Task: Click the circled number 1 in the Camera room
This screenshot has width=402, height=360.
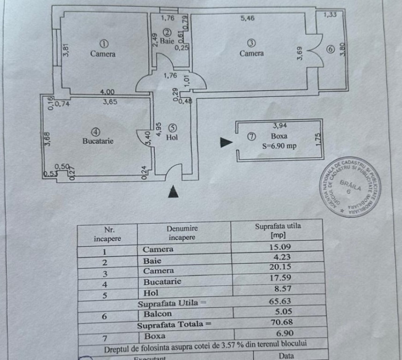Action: click(x=104, y=44)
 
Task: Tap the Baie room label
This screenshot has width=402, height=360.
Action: click(x=167, y=41)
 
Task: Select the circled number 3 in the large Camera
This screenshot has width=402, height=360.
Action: click(x=252, y=43)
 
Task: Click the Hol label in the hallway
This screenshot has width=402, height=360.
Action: click(x=172, y=138)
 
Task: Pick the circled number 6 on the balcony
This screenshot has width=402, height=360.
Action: click(x=331, y=49)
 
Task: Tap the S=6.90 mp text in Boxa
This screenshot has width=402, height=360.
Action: click(x=279, y=146)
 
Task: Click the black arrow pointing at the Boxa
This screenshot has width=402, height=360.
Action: click(x=226, y=142)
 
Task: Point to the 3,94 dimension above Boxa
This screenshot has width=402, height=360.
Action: click(x=280, y=125)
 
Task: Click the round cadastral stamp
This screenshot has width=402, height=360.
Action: click(x=352, y=187)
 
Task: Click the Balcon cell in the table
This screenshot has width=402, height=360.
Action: click(x=157, y=314)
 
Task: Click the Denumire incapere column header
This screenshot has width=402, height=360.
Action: click(x=182, y=233)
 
